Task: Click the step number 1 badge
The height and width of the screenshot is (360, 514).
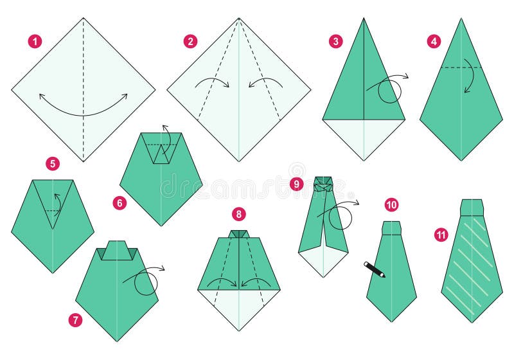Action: coord(35,42)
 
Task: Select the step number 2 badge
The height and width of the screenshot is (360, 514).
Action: coord(190,42)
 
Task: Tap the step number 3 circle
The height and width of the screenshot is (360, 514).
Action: coord(335,42)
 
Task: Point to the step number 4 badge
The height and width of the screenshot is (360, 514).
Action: coord(434,42)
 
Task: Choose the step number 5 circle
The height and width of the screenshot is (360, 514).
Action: coord(53,164)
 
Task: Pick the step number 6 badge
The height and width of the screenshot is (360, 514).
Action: coord(119,203)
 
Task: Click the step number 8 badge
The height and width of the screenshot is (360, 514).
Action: coord(239,214)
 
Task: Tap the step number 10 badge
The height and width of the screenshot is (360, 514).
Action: coord(391,204)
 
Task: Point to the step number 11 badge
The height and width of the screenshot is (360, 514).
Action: coord(441,235)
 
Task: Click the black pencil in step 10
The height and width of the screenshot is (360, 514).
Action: coord(374,269)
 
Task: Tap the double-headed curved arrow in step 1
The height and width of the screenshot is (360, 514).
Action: coord(83,107)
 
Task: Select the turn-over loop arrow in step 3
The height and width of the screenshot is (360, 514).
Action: coord(389,89)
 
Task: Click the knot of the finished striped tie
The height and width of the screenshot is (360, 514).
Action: coord(472,208)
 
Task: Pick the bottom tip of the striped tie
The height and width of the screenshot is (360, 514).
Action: coord(472,321)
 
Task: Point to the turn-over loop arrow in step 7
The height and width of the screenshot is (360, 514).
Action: coord(145,281)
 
